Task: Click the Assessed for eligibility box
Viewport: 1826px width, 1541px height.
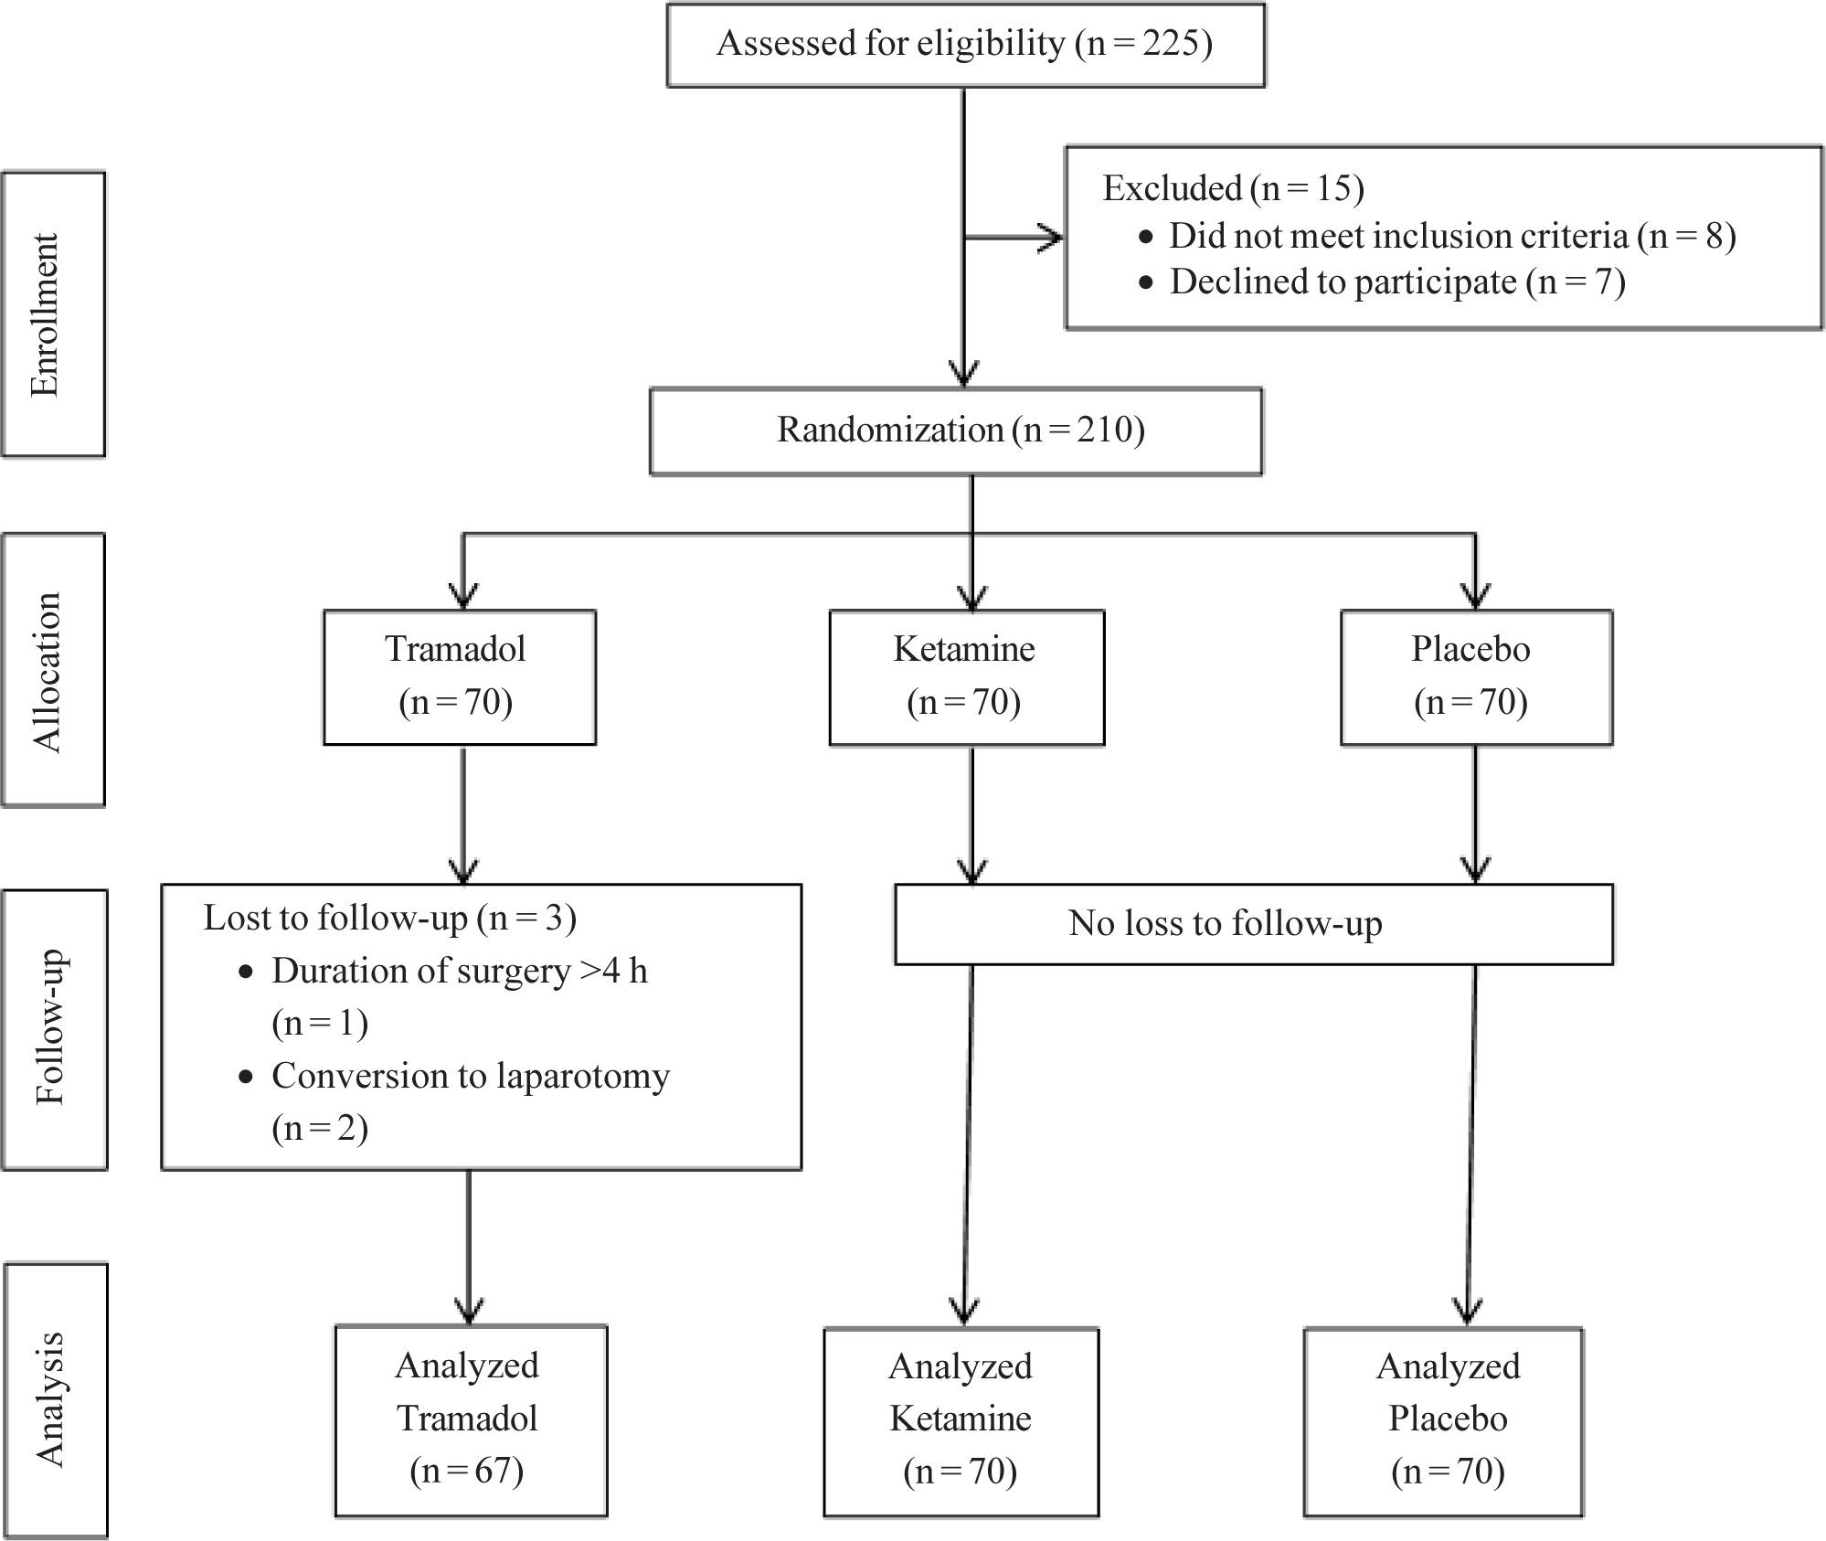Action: coord(965,46)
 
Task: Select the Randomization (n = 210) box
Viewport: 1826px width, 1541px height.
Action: coord(956,431)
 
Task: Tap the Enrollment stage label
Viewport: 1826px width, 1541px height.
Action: coord(53,314)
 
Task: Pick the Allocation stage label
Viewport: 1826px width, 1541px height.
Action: coord(53,670)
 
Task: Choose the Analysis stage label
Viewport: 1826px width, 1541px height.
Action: coord(55,1399)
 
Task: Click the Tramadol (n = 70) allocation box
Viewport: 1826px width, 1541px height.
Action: coord(460,677)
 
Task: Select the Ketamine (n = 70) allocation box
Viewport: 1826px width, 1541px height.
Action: coord(966,677)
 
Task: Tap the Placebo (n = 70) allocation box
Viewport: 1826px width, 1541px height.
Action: coord(1475,677)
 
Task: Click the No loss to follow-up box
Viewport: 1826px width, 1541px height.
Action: coord(1253,924)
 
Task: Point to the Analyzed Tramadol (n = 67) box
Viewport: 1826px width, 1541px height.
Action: coord(470,1419)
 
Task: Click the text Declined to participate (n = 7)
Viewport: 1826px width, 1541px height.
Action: coord(1396,282)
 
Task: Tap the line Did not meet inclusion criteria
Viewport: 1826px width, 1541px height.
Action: coord(1451,236)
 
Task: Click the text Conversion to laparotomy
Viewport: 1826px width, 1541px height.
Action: coord(470,1077)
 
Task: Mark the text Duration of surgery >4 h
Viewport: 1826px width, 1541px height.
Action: coord(459,972)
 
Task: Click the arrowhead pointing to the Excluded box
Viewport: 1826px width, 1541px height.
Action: coord(1051,238)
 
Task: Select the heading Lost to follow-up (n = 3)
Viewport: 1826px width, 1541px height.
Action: coord(389,918)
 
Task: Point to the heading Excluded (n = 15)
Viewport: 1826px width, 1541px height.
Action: coord(1232,188)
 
